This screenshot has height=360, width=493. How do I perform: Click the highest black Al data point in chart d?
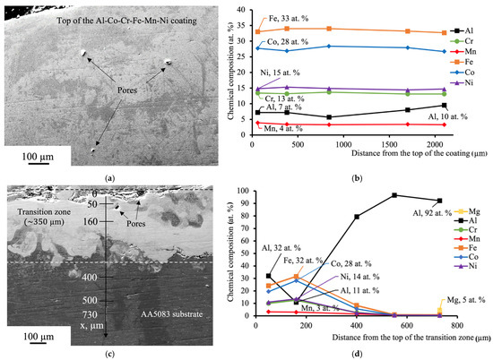click(394, 195)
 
